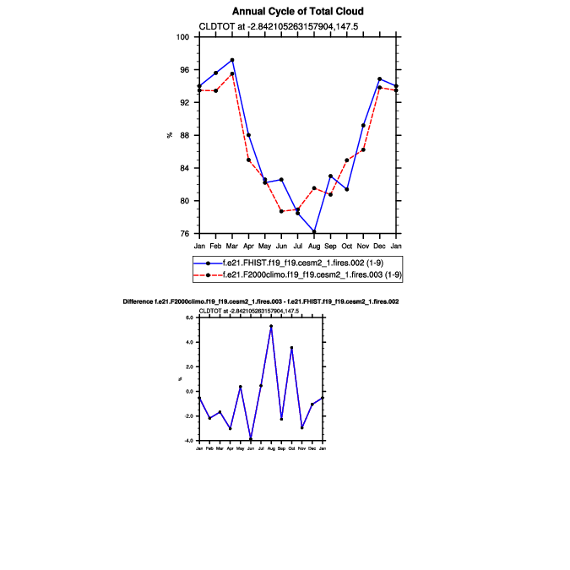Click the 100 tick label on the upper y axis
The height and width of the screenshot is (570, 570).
click(x=182, y=37)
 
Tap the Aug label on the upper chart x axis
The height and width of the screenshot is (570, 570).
click(x=313, y=246)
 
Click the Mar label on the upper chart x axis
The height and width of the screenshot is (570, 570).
click(x=232, y=246)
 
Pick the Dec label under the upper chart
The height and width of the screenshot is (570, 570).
click(x=379, y=246)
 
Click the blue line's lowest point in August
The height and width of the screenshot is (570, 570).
click(x=314, y=231)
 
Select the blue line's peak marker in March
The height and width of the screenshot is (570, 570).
click(x=232, y=60)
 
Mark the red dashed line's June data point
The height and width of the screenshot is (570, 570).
click(x=281, y=211)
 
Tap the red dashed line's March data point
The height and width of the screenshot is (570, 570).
click(x=232, y=74)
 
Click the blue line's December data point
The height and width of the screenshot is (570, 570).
click(x=379, y=79)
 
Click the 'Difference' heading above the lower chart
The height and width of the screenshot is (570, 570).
click(x=260, y=301)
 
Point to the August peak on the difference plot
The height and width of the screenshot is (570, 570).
click(x=271, y=326)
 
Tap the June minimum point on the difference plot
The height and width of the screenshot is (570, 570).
click(x=251, y=440)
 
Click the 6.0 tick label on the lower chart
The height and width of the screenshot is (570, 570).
click(x=190, y=318)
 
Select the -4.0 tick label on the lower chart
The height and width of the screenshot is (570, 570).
click(x=189, y=441)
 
